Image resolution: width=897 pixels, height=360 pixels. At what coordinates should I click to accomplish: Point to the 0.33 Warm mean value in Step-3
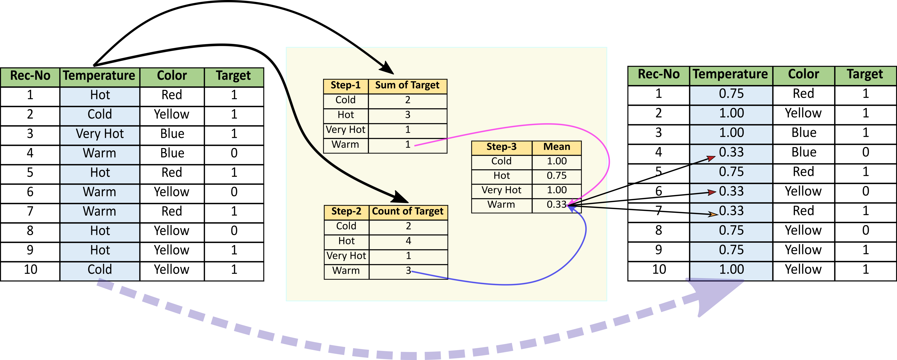pyautogui.click(x=556, y=204)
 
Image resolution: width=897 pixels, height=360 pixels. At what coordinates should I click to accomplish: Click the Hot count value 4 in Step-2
pyautogui.click(x=408, y=241)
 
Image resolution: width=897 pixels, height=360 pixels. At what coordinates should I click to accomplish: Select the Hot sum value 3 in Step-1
pyautogui.click(x=408, y=115)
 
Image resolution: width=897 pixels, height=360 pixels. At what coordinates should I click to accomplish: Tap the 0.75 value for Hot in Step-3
pyautogui.click(x=556, y=175)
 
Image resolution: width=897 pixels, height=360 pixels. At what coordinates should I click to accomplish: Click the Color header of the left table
pyautogui.click(x=172, y=76)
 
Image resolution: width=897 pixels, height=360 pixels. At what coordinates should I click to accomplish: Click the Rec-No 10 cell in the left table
pyautogui.click(x=30, y=269)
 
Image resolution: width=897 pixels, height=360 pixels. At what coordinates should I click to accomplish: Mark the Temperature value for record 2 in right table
pyautogui.click(x=731, y=113)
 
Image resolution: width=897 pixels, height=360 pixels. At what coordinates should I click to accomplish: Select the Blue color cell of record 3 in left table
pyautogui.click(x=172, y=134)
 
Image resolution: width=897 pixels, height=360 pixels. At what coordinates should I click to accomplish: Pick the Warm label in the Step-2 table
pyautogui.click(x=346, y=271)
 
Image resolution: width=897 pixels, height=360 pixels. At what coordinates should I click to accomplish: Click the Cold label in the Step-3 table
pyautogui.click(x=501, y=161)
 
